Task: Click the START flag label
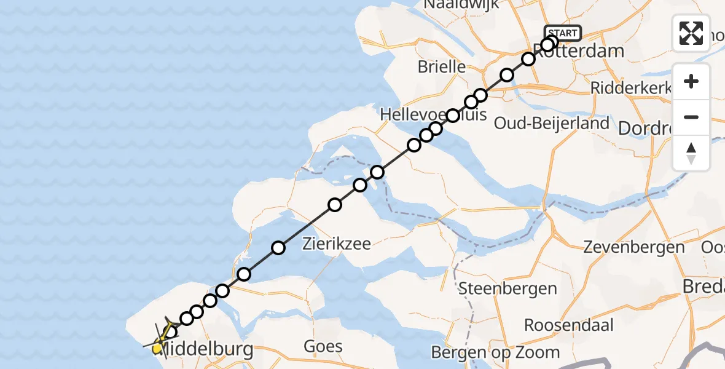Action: click(x=562, y=33)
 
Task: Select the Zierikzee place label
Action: click(x=337, y=244)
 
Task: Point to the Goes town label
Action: click(x=323, y=346)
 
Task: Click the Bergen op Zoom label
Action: click(x=496, y=352)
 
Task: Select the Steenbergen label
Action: click(x=507, y=288)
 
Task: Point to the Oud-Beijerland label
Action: click(x=552, y=123)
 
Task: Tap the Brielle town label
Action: click(x=442, y=66)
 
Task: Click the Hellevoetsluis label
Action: click(x=433, y=114)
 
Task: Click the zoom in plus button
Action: click(x=691, y=81)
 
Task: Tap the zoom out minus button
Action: click(x=691, y=117)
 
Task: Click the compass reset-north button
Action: click(x=691, y=153)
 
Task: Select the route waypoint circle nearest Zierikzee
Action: click(x=278, y=248)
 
